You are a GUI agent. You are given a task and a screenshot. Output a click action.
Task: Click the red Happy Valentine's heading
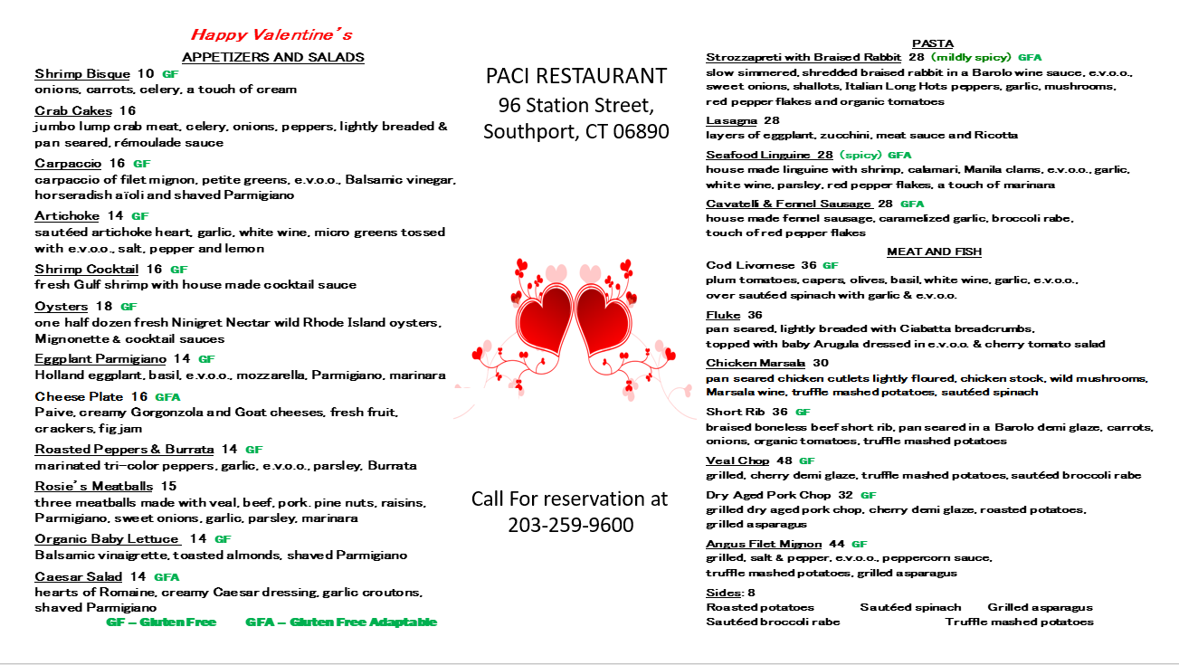click(x=271, y=35)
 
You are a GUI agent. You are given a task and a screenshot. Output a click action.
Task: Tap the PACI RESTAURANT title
click(x=576, y=76)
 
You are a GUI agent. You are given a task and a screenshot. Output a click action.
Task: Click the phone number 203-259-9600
click(x=570, y=525)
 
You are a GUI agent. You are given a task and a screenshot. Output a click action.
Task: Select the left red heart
click(x=542, y=320)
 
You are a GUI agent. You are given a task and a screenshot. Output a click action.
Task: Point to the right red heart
click(x=604, y=320)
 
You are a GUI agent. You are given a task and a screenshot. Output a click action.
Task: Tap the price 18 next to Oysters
click(x=104, y=307)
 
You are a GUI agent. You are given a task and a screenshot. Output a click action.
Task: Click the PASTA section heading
click(x=933, y=43)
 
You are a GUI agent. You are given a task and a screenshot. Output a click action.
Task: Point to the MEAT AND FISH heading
click(x=934, y=252)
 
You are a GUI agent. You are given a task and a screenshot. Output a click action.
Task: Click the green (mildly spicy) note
click(x=971, y=58)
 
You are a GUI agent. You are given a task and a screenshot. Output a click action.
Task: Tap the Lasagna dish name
click(x=731, y=120)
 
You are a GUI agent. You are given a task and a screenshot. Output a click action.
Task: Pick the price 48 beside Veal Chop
click(x=784, y=461)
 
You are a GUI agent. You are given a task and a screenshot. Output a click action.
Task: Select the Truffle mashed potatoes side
click(x=1019, y=622)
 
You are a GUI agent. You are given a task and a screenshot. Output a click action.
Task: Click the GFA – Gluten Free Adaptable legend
click(x=341, y=622)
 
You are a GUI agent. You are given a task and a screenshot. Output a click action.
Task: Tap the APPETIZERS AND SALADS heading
click(x=273, y=57)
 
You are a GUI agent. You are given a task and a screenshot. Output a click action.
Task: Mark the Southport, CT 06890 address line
click(x=576, y=132)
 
